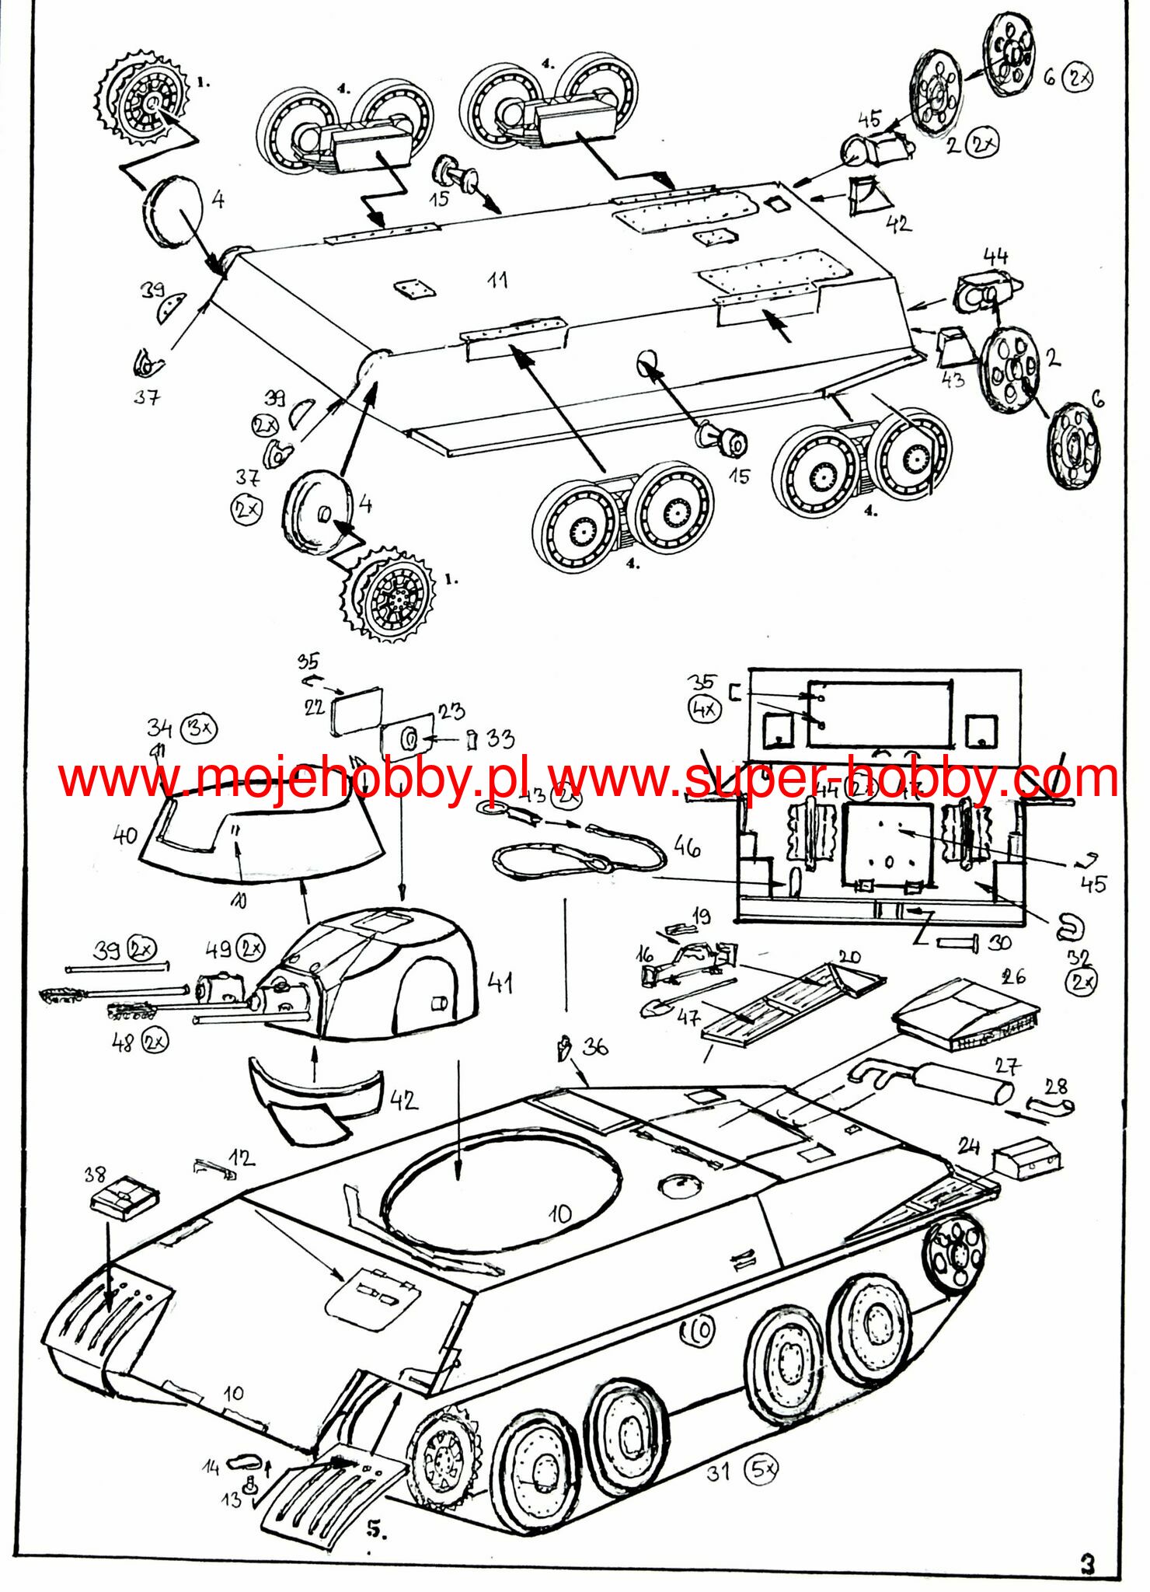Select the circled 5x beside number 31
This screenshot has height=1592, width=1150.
761,1468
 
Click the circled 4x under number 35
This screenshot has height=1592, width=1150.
705,709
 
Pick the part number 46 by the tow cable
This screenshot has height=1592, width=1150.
687,847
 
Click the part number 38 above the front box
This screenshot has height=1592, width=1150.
95,1175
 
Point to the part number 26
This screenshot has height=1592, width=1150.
1013,976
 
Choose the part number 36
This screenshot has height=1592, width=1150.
595,1047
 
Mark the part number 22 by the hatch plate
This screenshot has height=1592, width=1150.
314,707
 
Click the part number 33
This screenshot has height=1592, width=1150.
501,738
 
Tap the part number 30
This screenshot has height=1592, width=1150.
999,943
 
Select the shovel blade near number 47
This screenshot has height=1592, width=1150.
653,1009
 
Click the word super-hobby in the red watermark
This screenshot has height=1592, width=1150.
824,778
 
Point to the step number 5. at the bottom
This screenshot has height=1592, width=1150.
376,1529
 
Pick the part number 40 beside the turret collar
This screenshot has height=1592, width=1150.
125,836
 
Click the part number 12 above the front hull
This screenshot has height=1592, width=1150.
241,1158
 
